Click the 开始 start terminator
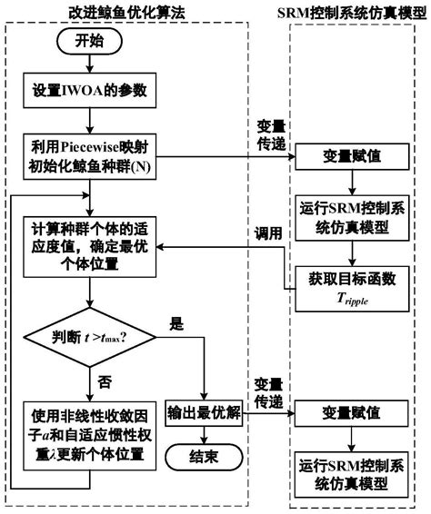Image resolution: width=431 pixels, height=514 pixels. (x=88, y=43)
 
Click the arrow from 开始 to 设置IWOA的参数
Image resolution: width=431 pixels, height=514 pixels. (x=88, y=65)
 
